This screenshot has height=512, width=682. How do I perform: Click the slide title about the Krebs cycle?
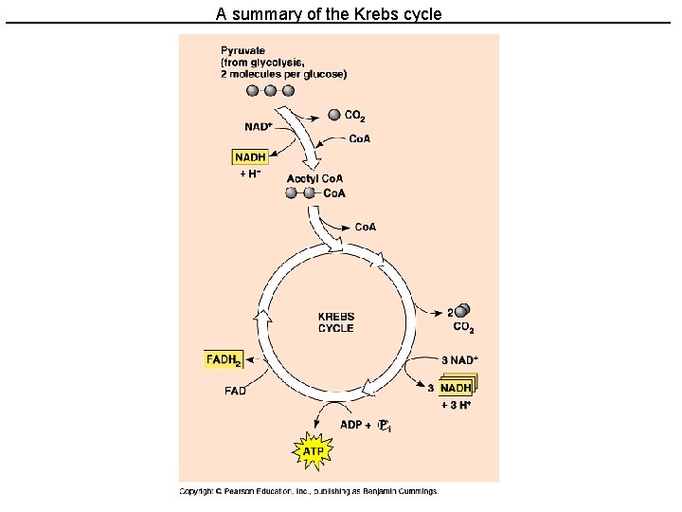click(x=329, y=14)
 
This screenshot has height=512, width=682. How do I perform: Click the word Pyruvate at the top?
click(x=242, y=50)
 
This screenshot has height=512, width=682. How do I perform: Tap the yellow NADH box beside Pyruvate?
click(x=250, y=157)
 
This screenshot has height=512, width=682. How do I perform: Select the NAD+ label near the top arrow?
click(x=258, y=126)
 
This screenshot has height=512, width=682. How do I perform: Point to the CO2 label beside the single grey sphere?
click(x=354, y=116)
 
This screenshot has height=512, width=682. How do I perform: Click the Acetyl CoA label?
click(x=314, y=178)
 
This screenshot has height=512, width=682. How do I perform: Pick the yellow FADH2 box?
click(x=224, y=360)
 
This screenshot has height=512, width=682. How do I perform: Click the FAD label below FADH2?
click(x=235, y=391)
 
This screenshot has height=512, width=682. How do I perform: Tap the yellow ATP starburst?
click(x=313, y=451)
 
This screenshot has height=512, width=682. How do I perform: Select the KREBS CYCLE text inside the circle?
click(x=336, y=322)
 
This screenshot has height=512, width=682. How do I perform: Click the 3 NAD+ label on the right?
click(x=459, y=360)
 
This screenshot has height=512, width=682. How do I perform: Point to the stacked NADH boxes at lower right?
click(x=457, y=387)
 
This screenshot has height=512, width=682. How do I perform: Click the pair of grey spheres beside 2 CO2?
click(x=462, y=311)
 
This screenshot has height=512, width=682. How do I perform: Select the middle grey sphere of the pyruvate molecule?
click(x=270, y=91)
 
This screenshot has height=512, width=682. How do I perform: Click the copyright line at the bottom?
click(x=309, y=491)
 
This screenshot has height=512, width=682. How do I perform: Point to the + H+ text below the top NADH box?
click(x=250, y=174)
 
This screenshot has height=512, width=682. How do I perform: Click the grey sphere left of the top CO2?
click(x=334, y=115)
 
